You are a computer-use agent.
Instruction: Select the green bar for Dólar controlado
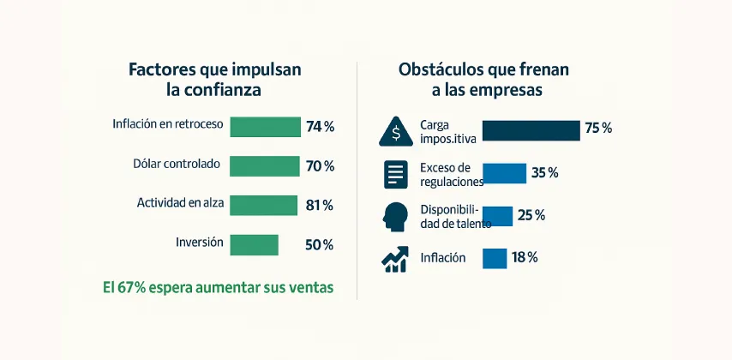[265, 165]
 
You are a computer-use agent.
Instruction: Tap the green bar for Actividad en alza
[264, 205]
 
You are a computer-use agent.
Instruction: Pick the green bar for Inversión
[254, 244]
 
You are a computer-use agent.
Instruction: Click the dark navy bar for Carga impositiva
[531, 129]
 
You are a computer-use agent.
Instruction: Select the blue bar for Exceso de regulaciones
[504, 173]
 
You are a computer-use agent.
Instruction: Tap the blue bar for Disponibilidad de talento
[497, 215]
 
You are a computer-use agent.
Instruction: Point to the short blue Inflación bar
[495, 258]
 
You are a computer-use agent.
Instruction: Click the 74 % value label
[320, 127]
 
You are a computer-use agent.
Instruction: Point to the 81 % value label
[319, 206]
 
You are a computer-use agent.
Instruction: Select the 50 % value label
[319, 245]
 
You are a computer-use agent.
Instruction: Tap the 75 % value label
[598, 129]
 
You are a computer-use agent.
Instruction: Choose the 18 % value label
[525, 258]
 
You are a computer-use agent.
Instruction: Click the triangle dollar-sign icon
[395, 131]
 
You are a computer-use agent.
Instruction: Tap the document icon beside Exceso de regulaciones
[395, 174]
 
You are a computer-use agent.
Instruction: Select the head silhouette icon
[395, 216]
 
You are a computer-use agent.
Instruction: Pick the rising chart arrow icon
[395, 259]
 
